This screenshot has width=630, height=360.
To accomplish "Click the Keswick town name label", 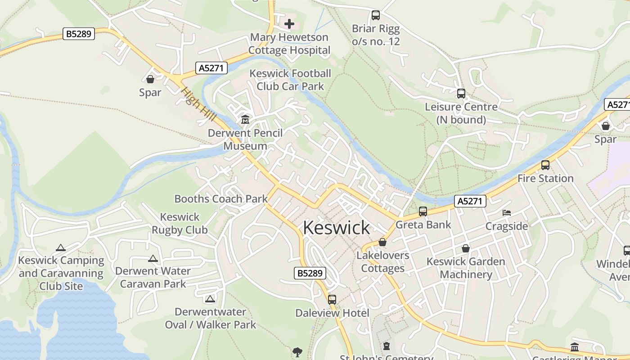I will click(336, 228).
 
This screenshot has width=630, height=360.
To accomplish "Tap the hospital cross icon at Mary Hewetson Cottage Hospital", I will click(289, 23).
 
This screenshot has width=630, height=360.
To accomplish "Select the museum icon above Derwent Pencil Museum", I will click(245, 119).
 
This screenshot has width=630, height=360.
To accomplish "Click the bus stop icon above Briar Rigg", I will click(376, 15).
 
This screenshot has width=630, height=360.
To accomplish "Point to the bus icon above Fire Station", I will click(545, 165).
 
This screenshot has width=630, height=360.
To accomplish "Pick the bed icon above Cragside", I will click(507, 212).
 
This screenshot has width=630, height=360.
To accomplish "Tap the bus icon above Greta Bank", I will click(423, 211).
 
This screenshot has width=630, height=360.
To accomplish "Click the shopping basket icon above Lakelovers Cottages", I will click(382, 242).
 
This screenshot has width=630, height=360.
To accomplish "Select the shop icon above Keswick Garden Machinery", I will click(466, 248).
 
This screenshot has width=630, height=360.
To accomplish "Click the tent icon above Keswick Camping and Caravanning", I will click(61, 247).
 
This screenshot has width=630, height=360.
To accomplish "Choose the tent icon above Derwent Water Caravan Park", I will click(153, 258).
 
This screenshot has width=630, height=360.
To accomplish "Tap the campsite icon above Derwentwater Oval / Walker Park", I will click(210, 299).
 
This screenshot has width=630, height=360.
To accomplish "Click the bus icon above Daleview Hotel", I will click(332, 299).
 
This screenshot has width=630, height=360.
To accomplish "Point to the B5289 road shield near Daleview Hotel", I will click(310, 273).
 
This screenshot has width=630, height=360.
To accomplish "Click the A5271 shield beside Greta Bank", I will click(470, 201).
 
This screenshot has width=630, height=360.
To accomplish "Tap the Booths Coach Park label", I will click(221, 199).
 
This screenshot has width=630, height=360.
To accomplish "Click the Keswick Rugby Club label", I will click(180, 224).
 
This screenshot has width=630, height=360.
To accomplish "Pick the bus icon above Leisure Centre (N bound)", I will click(461, 94).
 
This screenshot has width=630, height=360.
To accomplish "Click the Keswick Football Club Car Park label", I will click(290, 80).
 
